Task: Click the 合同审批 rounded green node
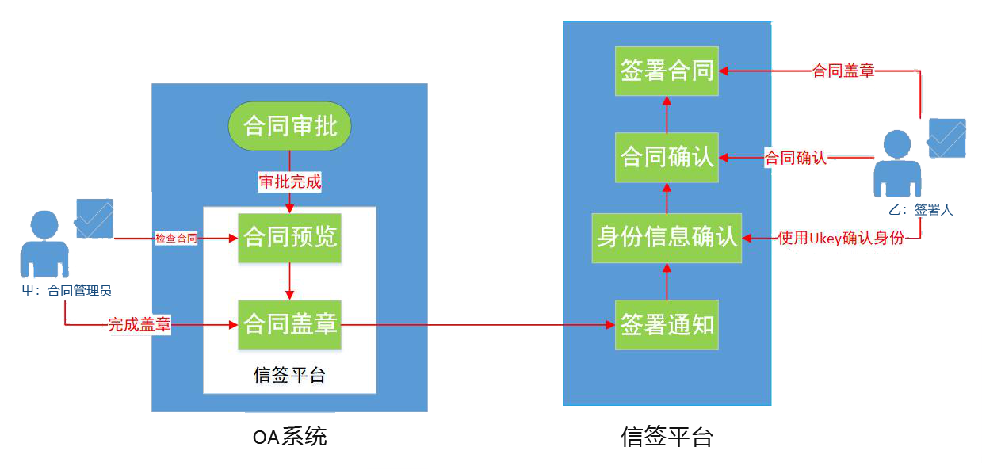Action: click(289, 126)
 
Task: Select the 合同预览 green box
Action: click(290, 237)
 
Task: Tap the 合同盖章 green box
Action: click(290, 324)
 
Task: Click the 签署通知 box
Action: click(667, 324)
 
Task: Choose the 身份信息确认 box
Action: click(667, 237)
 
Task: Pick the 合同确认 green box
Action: click(667, 157)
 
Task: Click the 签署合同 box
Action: click(667, 71)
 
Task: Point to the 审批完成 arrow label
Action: click(290, 182)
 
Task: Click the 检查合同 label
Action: click(176, 238)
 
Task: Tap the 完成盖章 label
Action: click(139, 324)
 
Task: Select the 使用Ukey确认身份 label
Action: click(840, 237)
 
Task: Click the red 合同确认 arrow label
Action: click(795, 158)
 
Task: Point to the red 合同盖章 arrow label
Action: click(843, 71)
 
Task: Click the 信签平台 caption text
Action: click(289, 374)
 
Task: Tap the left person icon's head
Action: click(44, 224)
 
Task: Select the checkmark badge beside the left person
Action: click(94, 219)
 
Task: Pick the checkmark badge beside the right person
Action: click(947, 138)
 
